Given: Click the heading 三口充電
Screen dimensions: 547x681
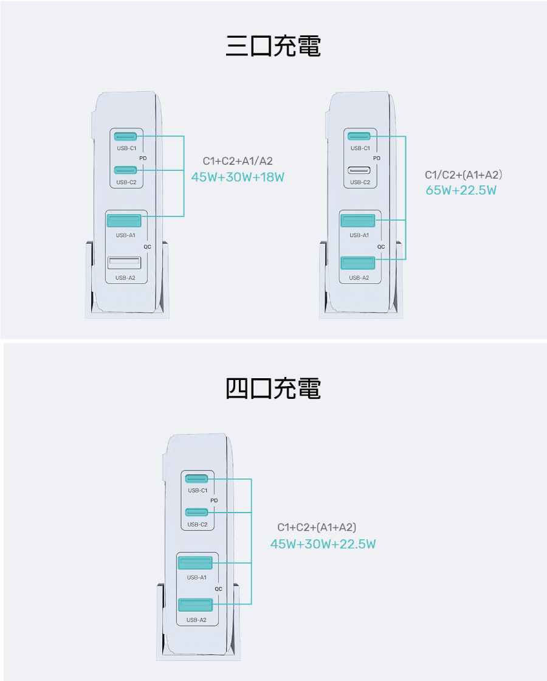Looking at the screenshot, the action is click(x=273, y=46).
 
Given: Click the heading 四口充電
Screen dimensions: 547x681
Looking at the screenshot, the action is click(x=273, y=389).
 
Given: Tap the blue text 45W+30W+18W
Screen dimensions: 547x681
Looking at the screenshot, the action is click(x=238, y=177).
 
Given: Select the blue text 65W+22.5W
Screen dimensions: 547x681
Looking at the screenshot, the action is click(x=461, y=190).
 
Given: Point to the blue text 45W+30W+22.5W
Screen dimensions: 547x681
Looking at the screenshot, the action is click(x=323, y=544).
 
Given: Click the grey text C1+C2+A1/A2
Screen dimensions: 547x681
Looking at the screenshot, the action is click(x=238, y=161).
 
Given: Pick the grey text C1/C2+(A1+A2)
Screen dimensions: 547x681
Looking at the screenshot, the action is click(x=463, y=175).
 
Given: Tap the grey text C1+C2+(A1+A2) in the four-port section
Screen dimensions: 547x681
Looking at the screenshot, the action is click(x=317, y=527).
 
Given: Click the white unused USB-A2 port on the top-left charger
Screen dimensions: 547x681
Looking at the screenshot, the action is click(x=124, y=263).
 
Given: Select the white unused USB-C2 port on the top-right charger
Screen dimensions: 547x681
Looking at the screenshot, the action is click(x=359, y=170).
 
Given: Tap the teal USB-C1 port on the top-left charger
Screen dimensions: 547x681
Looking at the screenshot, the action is click(x=125, y=136).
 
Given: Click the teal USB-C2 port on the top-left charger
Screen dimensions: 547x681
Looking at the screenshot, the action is click(x=125, y=170).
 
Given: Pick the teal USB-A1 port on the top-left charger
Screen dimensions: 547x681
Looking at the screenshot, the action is click(x=124, y=221).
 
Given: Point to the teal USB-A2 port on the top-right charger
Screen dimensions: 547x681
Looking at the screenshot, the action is click(x=358, y=263).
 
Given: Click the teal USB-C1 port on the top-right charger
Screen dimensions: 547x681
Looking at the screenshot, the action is click(x=359, y=136).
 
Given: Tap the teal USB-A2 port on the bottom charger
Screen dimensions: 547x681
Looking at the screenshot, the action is click(x=195, y=604).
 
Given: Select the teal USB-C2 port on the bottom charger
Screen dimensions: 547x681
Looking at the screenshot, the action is click(x=197, y=513).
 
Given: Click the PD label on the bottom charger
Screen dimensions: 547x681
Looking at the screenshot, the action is click(x=214, y=501).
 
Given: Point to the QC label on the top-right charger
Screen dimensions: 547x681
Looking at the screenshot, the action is click(x=381, y=247).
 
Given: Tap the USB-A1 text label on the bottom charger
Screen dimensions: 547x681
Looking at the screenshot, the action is click(x=197, y=578).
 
